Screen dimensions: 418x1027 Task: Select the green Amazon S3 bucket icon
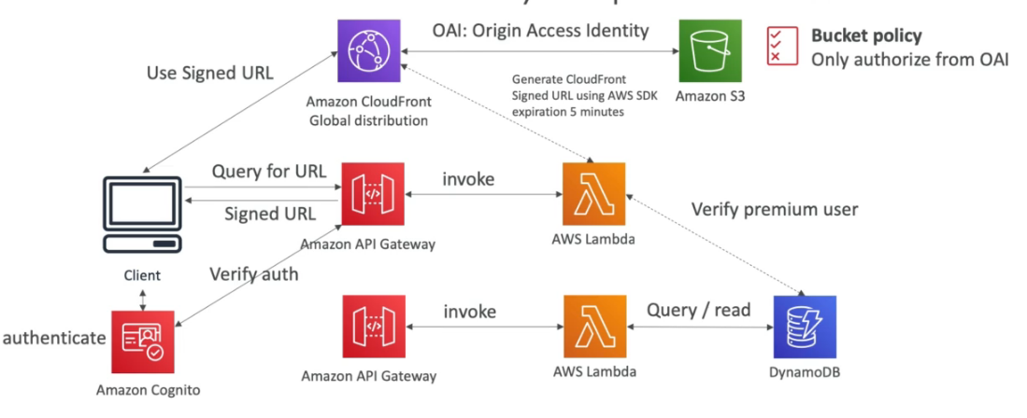(710, 52)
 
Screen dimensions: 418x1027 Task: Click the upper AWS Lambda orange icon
(594, 193)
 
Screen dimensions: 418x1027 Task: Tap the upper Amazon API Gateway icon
(373, 193)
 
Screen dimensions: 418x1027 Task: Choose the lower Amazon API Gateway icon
(373, 327)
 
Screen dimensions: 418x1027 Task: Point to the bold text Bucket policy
(866, 36)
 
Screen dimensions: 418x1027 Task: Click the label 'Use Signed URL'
(210, 73)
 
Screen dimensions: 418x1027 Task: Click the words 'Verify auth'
(254, 274)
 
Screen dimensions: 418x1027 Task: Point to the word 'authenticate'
(53, 338)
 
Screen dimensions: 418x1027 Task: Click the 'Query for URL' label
(269, 172)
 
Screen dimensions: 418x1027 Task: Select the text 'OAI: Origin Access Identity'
(540, 30)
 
